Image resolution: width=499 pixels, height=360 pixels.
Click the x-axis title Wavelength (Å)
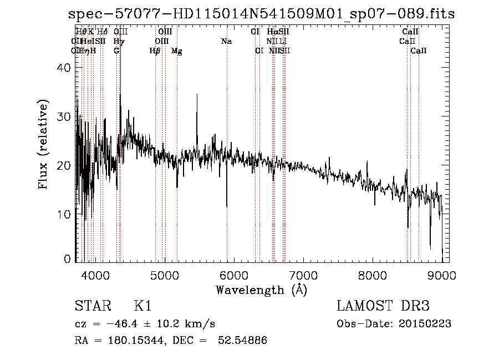coord(261,290)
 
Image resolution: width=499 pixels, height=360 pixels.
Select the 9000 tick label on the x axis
coord(442,275)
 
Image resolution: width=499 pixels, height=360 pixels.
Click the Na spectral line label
coord(226,42)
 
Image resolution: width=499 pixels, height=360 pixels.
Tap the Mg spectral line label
coord(177,51)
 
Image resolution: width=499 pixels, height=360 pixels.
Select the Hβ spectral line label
coord(155,51)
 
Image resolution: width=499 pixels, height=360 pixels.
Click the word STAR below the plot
coord(91,306)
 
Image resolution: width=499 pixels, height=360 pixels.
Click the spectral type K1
coord(142,306)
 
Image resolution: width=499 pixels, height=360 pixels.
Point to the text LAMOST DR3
coord(383,306)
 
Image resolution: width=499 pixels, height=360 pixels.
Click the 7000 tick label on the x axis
coord(303,275)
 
